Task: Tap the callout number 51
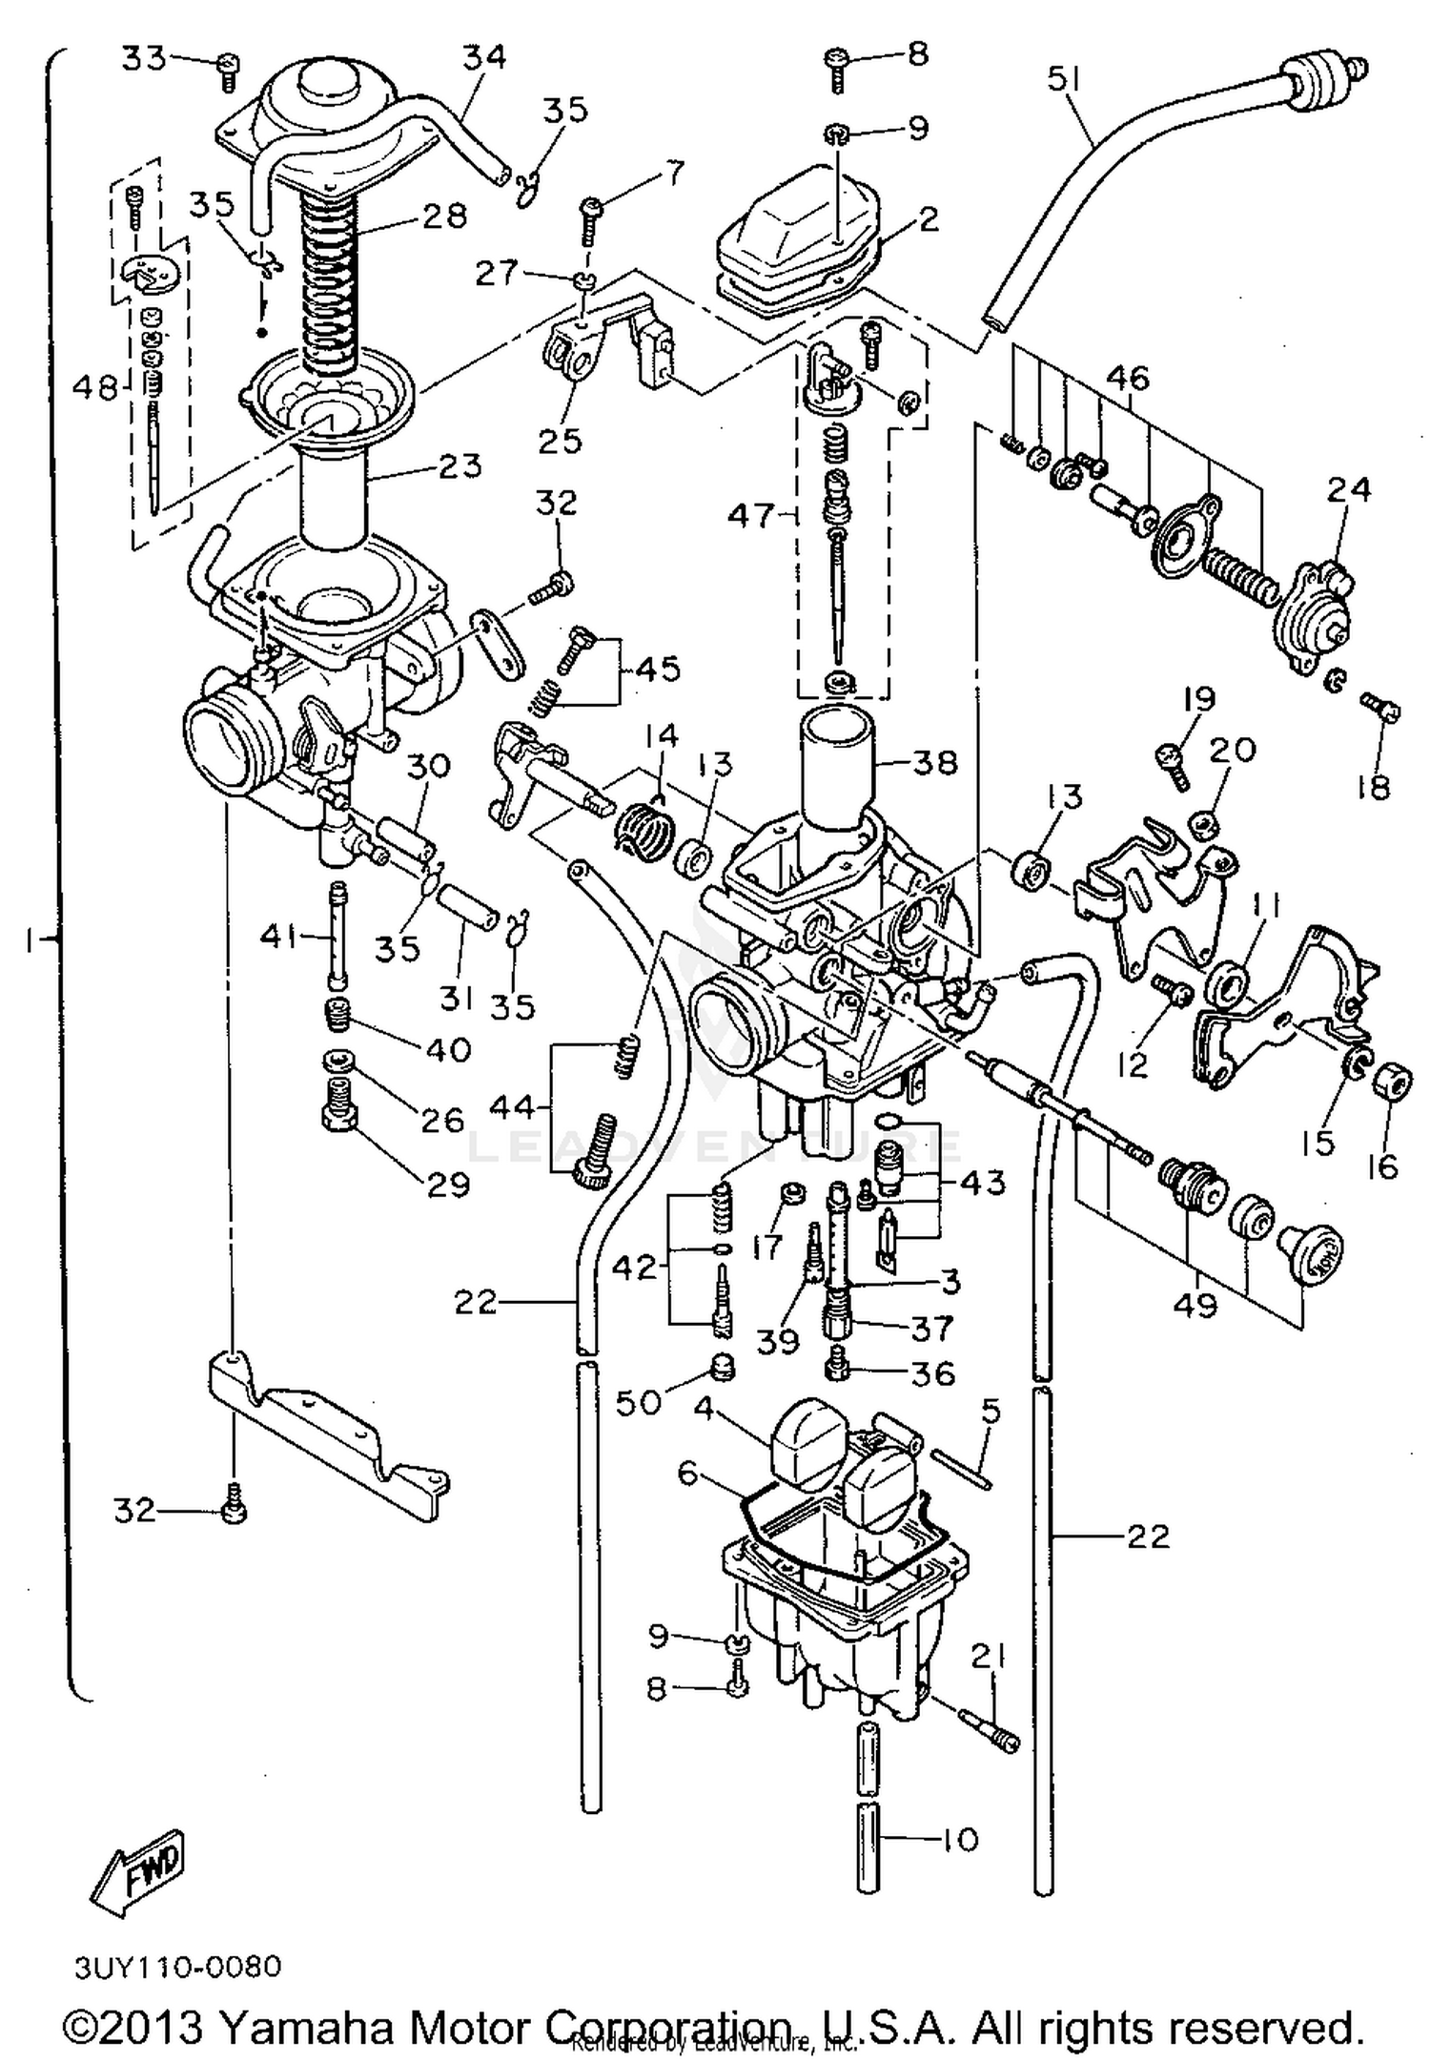(x=1064, y=80)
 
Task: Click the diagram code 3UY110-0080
(x=178, y=1967)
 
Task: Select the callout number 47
(x=751, y=516)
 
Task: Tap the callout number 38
(x=933, y=762)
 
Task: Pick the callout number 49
(x=1195, y=1304)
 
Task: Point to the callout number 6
(x=688, y=1474)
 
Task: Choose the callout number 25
(x=560, y=441)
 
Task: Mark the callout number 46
(x=1128, y=379)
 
